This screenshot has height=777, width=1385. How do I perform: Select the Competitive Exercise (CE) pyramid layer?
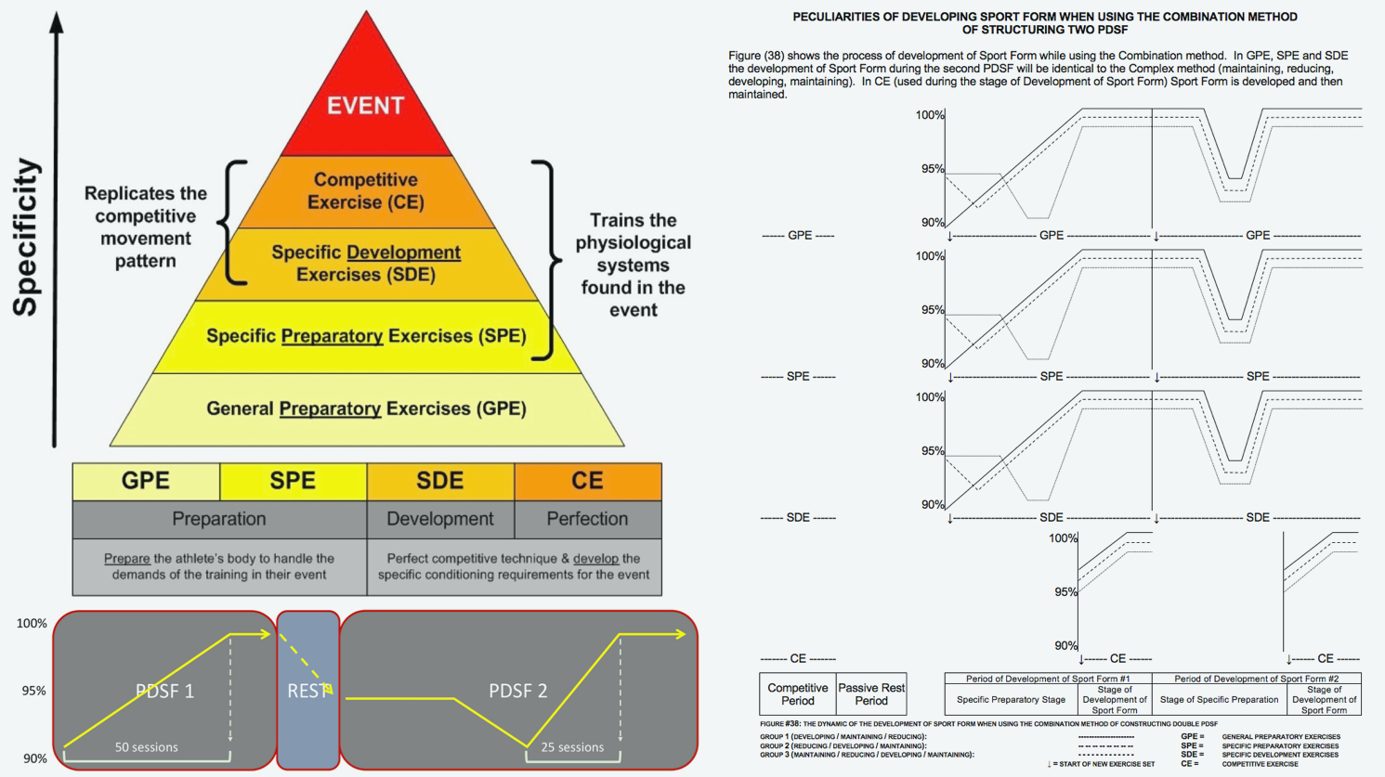click(x=365, y=191)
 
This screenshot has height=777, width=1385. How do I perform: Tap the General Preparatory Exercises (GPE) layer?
click(x=366, y=408)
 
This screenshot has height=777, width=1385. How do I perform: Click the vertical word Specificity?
click(x=27, y=237)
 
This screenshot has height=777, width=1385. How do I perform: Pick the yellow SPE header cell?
click(x=293, y=481)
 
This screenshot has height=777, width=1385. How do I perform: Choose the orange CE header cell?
click(x=587, y=481)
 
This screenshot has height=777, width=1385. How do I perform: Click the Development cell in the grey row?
click(x=440, y=519)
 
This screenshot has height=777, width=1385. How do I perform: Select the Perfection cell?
click(x=587, y=519)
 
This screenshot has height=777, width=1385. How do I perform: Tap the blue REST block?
click(x=308, y=690)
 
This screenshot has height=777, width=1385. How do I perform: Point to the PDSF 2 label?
click(x=517, y=691)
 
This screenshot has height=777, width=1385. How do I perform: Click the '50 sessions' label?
click(x=146, y=747)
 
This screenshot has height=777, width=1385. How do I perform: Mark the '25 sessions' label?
click(x=572, y=747)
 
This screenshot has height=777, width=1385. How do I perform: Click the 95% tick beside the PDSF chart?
click(x=34, y=691)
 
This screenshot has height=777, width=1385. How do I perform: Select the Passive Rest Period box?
click(x=871, y=694)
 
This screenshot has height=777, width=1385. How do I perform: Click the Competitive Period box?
click(x=797, y=694)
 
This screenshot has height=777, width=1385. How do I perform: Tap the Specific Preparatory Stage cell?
click(x=1011, y=700)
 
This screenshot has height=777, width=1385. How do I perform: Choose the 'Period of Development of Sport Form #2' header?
click(x=1256, y=679)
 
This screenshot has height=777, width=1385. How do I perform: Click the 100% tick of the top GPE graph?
click(x=930, y=115)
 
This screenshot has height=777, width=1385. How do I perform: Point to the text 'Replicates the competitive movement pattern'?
click(x=146, y=227)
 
